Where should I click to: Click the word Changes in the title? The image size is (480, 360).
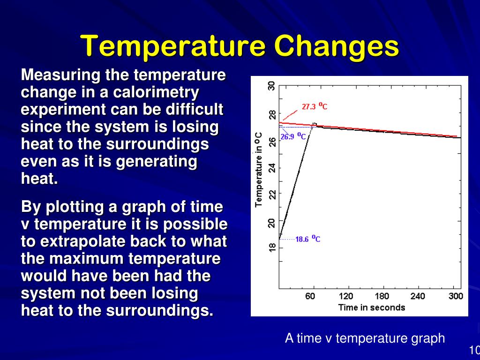[336, 47]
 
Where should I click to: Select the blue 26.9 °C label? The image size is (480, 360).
[293, 137]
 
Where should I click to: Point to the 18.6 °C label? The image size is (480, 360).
[307, 239]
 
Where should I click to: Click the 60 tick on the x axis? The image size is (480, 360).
[310, 296]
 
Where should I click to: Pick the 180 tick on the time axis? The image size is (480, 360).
[382, 296]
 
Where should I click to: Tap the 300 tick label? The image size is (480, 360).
[455, 296]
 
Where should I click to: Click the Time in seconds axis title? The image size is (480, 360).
[371, 307]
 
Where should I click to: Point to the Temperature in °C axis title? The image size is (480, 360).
[259, 169]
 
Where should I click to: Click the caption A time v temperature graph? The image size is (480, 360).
[365, 338]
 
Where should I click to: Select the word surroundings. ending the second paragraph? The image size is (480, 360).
[160, 311]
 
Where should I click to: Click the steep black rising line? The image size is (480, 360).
[295, 183]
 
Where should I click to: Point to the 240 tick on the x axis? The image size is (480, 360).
[418, 296]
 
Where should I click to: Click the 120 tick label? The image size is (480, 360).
[346, 296]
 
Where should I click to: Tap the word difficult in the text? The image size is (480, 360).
[194, 110]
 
